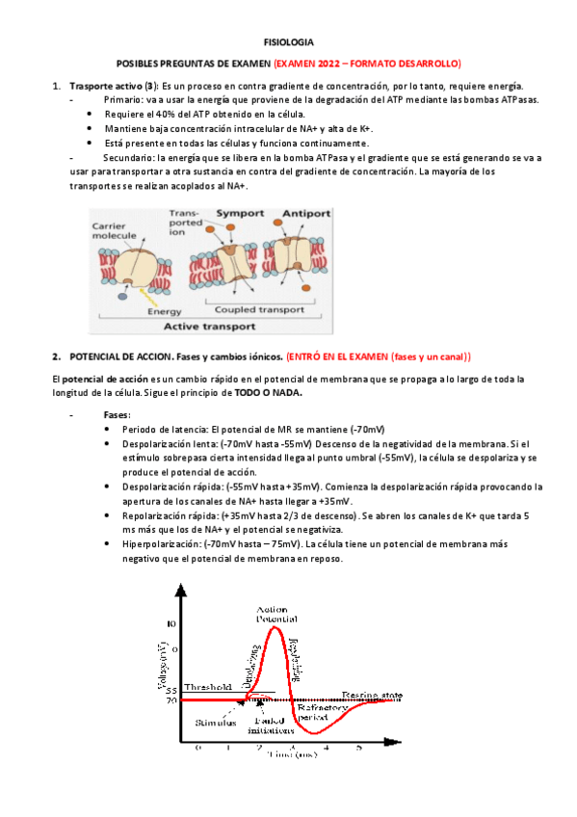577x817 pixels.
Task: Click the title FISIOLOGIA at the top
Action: (x=288, y=42)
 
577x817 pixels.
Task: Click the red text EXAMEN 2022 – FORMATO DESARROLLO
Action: (x=368, y=64)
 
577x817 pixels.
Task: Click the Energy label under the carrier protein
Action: (x=164, y=311)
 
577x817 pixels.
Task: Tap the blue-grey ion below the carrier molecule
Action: (x=123, y=296)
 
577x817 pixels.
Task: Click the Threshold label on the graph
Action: (x=208, y=688)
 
